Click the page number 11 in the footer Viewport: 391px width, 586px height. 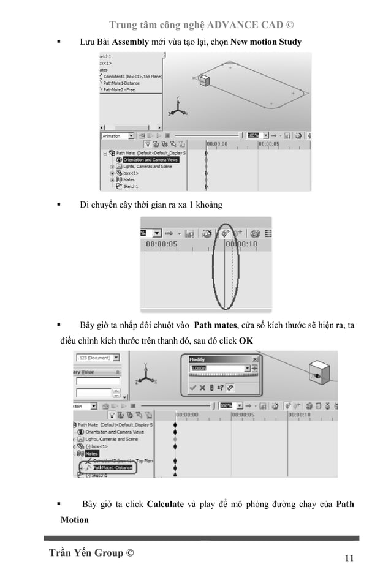tap(349, 558)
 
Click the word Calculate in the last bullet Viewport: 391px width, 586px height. tap(165, 504)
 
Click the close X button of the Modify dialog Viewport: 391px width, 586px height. tap(255, 359)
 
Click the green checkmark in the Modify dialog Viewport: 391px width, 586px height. tap(193, 387)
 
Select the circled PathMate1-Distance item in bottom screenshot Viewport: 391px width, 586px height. tap(115, 468)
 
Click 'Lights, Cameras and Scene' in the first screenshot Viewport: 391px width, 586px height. tap(147, 167)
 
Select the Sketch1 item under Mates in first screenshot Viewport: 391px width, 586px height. tap(131, 187)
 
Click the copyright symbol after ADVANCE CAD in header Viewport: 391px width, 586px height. tap(289, 25)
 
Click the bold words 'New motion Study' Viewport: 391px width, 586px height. tap(265, 42)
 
